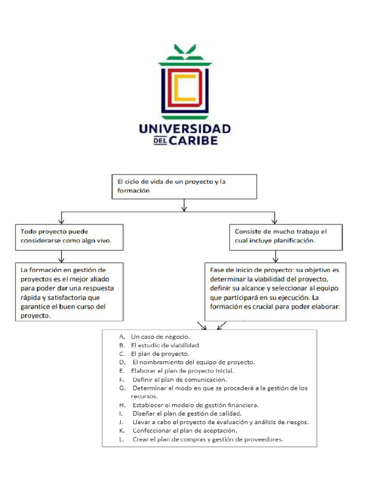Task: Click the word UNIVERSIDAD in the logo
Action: click(x=185, y=129)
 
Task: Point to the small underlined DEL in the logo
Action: click(x=160, y=141)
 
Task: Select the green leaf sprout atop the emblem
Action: click(x=185, y=49)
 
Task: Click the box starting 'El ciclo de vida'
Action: click(x=184, y=186)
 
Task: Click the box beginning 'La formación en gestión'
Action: click(x=69, y=291)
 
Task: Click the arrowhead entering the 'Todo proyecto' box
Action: click(x=61, y=220)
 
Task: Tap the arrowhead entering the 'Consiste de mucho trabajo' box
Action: click(x=275, y=220)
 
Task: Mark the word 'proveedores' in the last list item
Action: click(x=263, y=439)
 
